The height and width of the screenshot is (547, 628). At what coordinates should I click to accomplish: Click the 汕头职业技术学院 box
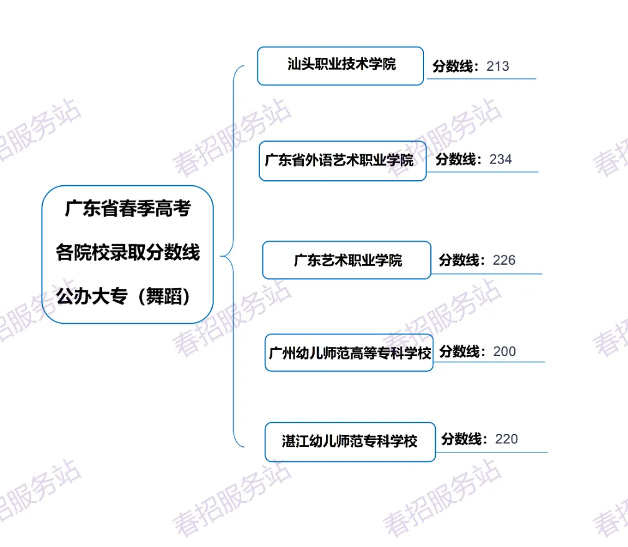click(341, 65)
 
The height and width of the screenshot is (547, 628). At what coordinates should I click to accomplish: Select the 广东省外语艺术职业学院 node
click(343, 161)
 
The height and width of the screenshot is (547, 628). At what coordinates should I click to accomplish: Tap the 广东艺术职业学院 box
click(346, 260)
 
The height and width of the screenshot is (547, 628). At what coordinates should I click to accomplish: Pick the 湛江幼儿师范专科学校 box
click(350, 442)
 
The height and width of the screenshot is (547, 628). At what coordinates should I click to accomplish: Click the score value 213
click(497, 66)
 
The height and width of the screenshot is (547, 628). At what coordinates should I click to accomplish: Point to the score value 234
click(501, 159)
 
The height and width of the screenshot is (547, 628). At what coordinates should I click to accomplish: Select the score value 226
click(504, 260)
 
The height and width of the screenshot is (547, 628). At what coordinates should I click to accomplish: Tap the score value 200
click(504, 352)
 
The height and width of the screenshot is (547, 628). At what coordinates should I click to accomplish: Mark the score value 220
click(506, 439)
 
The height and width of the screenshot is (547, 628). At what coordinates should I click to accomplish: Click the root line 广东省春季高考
click(127, 209)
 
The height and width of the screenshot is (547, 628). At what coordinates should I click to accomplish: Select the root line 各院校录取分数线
click(127, 253)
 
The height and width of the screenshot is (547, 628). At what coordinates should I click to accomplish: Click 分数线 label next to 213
click(453, 66)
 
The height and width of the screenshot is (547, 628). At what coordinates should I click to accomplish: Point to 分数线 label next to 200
click(461, 352)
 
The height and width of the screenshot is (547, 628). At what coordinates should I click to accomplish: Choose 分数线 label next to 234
click(457, 159)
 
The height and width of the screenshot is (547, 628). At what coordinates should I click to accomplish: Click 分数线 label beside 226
click(461, 260)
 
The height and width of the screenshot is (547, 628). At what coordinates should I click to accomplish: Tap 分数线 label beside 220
click(463, 439)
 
